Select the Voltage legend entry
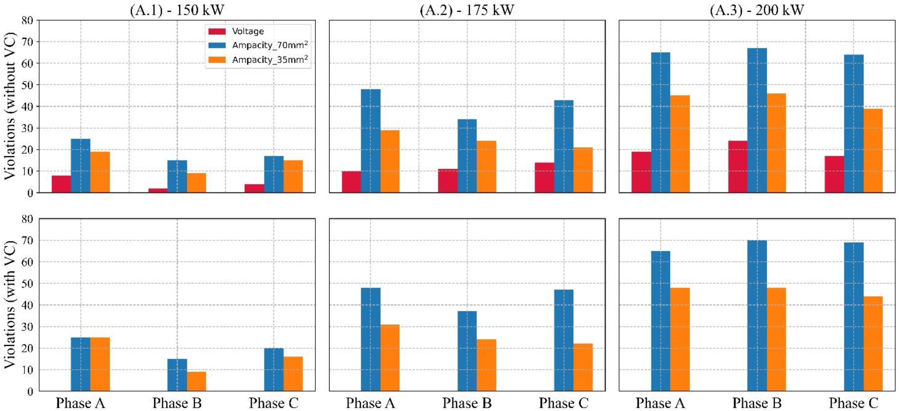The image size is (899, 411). click(248, 31)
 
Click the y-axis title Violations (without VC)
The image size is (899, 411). click(10, 106)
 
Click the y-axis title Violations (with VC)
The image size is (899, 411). click(10, 305)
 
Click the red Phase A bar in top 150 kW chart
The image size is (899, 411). click(62, 184)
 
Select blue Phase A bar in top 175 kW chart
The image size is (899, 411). click(371, 141)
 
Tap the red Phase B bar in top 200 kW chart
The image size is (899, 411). click(738, 166)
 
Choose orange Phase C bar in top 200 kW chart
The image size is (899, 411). click(873, 150)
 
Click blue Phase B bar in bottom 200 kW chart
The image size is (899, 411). click(757, 316)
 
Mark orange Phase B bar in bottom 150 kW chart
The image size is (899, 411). click(197, 381)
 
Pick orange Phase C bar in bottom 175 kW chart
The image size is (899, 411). click(583, 367)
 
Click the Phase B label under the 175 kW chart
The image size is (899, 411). click(467, 403)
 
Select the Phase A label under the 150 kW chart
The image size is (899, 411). click(81, 403)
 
